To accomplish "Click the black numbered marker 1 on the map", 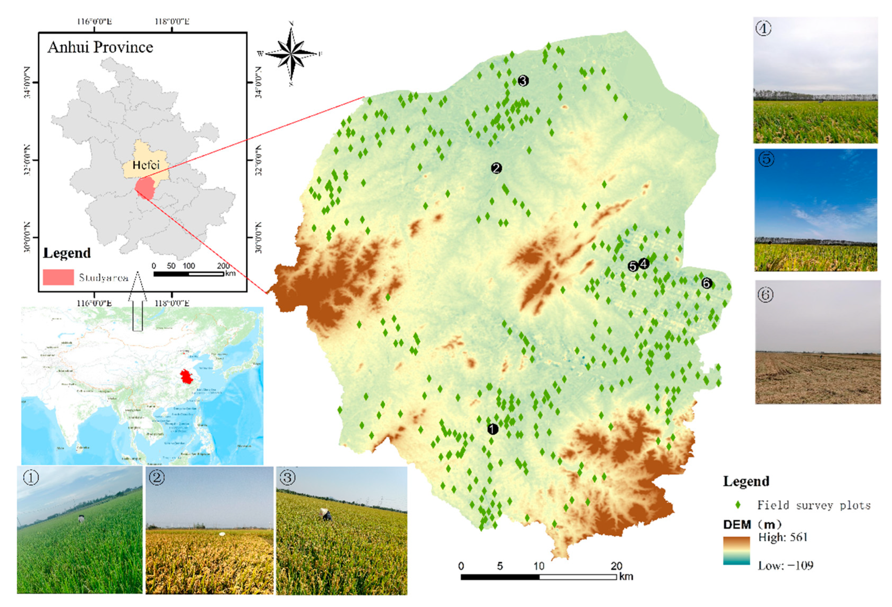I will (493, 429).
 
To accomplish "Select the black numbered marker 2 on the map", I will (496, 168).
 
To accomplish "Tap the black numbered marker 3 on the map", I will (523, 81).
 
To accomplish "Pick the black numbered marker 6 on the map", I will (707, 283).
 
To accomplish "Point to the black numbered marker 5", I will (633, 266).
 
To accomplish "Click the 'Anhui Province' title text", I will (100, 47).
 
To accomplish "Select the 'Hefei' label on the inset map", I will (146, 165).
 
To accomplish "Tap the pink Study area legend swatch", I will (58, 277).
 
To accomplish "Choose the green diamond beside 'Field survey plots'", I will (738, 505).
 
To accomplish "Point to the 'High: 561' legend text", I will (783, 537).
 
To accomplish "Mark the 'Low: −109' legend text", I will (785, 565).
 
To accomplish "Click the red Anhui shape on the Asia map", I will (187, 376).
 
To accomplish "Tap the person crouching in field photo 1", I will (81, 519).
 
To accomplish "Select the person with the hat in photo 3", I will (326, 515).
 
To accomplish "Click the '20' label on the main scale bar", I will (616, 566).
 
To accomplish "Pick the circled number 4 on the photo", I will (764, 29).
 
